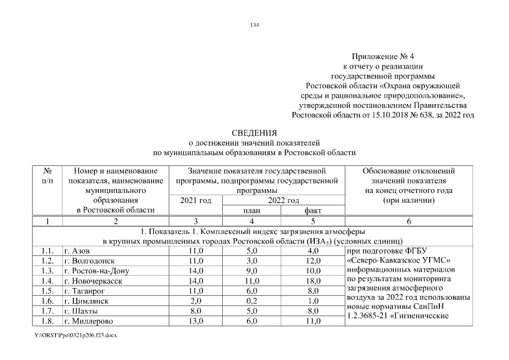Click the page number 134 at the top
(x=254, y=25)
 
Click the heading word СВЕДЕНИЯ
(x=254, y=134)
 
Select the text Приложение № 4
(x=382, y=57)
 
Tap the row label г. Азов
(x=78, y=250)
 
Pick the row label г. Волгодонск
(x=89, y=260)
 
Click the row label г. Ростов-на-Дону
(x=97, y=271)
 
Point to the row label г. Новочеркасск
(x=93, y=281)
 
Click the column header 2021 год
(x=195, y=200)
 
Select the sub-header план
(x=251, y=210)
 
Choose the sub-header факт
(x=313, y=210)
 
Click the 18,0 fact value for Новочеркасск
(x=313, y=281)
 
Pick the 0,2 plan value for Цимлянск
(x=251, y=301)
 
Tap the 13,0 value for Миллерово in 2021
(x=195, y=321)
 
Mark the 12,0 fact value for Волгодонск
(x=313, y=260)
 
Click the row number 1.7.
(x=47, y=311)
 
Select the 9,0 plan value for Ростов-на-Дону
(x=251, y=271)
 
